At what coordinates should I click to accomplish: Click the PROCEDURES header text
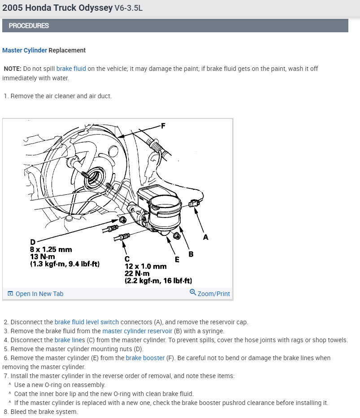pos(29,26)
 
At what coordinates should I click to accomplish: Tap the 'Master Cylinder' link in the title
pos(25,50)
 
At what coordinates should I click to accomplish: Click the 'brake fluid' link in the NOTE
pos(71,69)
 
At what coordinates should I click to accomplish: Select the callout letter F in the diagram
pos(163,126)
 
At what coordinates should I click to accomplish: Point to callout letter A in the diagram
pos(205,237)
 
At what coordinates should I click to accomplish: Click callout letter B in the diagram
pos(191,254)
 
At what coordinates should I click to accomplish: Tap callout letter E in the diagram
pos(177,259)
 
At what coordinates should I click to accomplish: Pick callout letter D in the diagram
pos(33,242)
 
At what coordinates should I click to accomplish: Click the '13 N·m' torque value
pos(43,257)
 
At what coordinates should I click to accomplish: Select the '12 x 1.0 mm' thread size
pos(146,266)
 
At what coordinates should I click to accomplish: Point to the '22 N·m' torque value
pos(137,274)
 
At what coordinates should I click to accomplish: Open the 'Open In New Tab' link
pos(35,294)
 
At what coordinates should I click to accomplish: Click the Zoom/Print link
pos(213,294)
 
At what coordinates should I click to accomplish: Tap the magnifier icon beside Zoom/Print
pos(193,292)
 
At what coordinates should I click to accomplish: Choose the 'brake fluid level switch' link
pos(87,322)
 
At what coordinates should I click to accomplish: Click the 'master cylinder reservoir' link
pos(137,331)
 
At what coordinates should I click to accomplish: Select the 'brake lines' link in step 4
pos(70,340)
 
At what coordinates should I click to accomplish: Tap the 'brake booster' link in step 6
pos(145,358)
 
